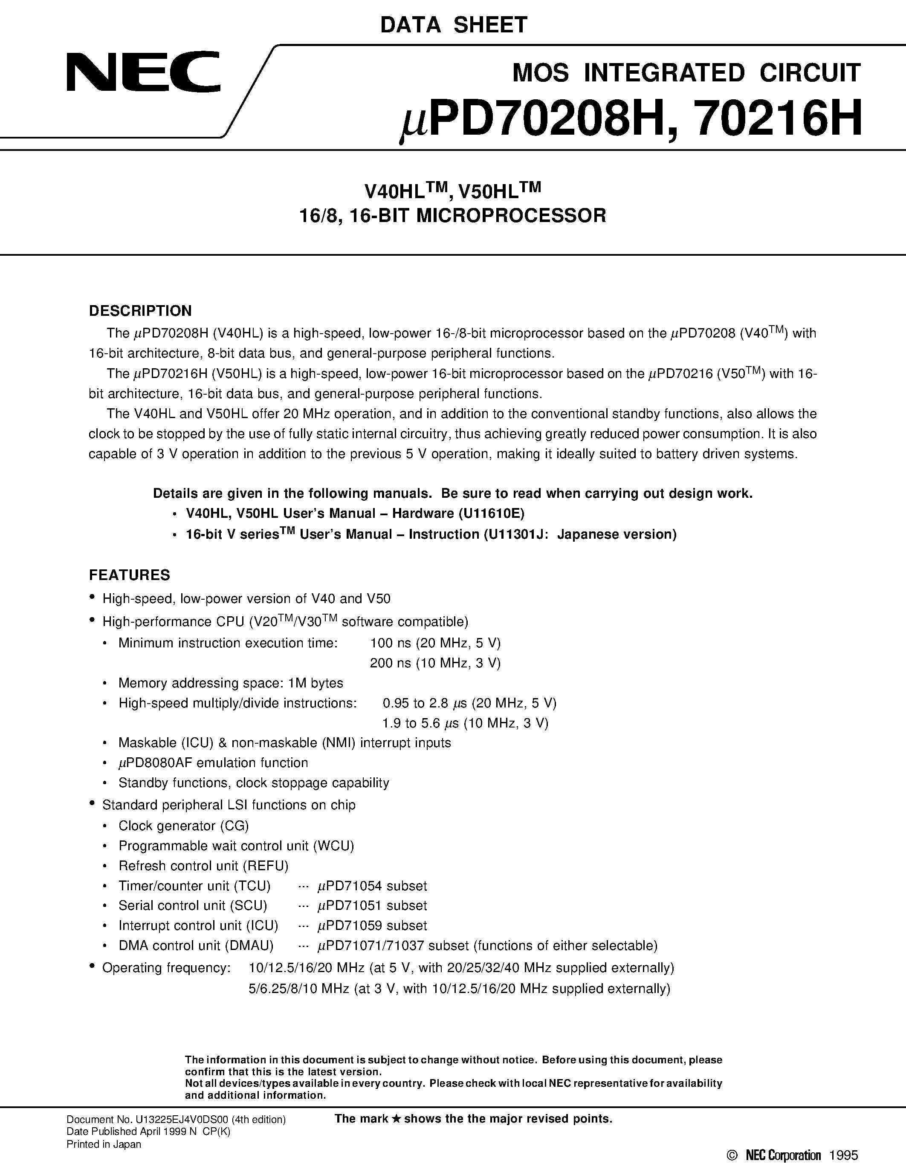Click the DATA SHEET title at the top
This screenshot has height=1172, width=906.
click(454, 25)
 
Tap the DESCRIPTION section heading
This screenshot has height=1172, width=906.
click(140, 311)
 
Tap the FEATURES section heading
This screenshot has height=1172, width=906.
click(129, 575)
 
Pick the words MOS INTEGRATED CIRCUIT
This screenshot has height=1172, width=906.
click(686, 72)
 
